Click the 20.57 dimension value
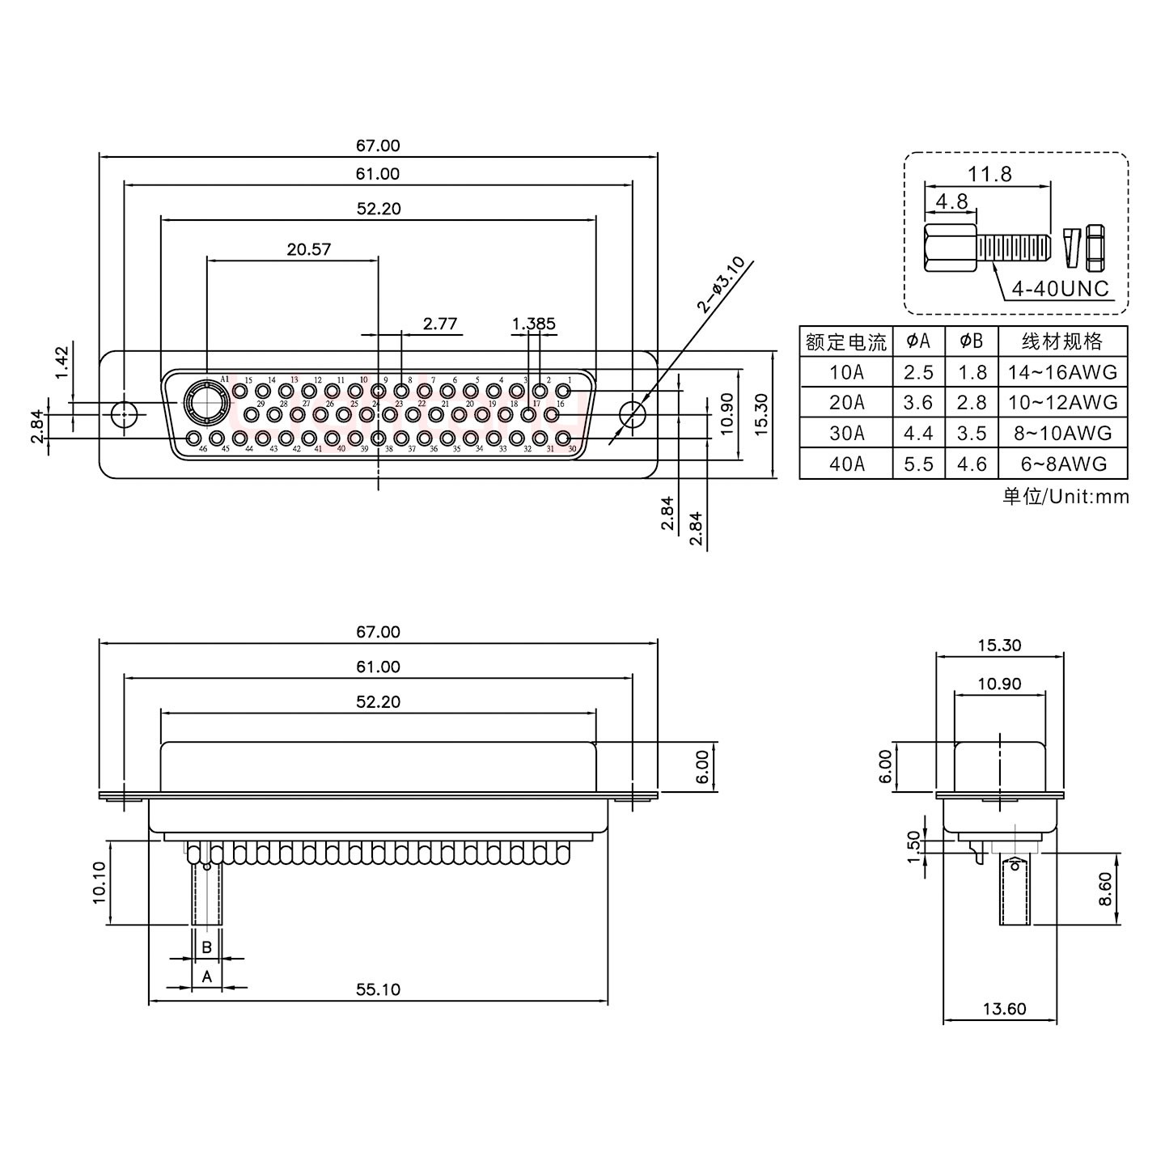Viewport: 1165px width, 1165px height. [309, 249]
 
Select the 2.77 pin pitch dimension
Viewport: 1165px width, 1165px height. [440, 324]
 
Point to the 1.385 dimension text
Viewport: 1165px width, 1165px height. [534, 324]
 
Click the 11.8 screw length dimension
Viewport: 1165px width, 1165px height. [990, 174]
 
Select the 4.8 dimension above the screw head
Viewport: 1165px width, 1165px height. [951, 201]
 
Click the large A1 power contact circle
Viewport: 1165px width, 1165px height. [200, 399]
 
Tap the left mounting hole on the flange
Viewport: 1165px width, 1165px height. [123, 414]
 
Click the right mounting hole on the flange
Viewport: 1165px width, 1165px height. [632, 414]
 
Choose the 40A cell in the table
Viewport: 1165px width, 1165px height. [846, 464]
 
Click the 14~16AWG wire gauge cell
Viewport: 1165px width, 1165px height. [1063, 372]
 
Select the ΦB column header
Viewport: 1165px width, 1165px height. [972, 341]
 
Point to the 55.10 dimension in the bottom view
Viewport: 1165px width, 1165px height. [379, 989]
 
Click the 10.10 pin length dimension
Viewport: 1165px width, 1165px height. [99, 882]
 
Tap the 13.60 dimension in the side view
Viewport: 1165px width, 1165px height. [1005, 1009]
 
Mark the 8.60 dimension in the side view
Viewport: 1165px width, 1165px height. [1106, 889]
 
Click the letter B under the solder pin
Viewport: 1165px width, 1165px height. [207, 947]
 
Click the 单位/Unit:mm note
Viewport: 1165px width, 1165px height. [1065, 497]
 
